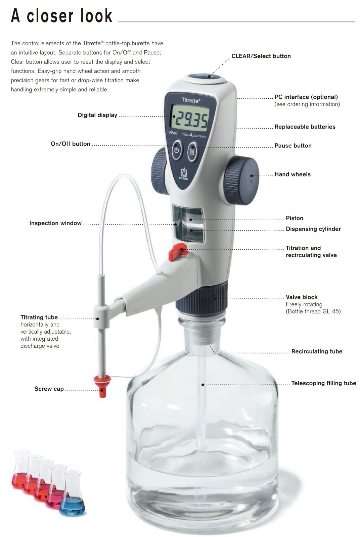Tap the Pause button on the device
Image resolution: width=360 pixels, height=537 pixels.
pyautogui.click(x=192, y=151)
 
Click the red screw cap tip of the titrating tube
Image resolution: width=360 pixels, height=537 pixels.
pyautogui.click(x=103, y=386)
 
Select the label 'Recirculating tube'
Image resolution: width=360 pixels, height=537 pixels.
pyautogui.click(x=317, y=351)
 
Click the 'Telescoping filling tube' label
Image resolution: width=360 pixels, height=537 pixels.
pyautogui.click(x=323, y=383)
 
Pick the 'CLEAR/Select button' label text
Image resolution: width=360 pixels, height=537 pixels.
pyautogui.click(x=261, y=56)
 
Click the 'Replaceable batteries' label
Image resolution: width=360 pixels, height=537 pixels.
pyautogui.click(x=305, y=127)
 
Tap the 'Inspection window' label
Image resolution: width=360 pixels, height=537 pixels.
pyautogui.click(x=55, y=223)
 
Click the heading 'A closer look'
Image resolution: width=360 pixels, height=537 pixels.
pyautogui.click(x=62, y=16)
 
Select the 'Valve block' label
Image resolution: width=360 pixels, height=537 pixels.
pyautogui.click(x=302, y=297)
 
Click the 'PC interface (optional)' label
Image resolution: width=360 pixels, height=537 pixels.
pyautogui.click(x=306, y=97)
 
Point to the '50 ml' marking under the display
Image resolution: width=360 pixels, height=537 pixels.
pyautogui.click(x=173, y=133)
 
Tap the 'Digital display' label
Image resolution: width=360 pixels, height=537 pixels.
pyautogui.click(x=97, y=115)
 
